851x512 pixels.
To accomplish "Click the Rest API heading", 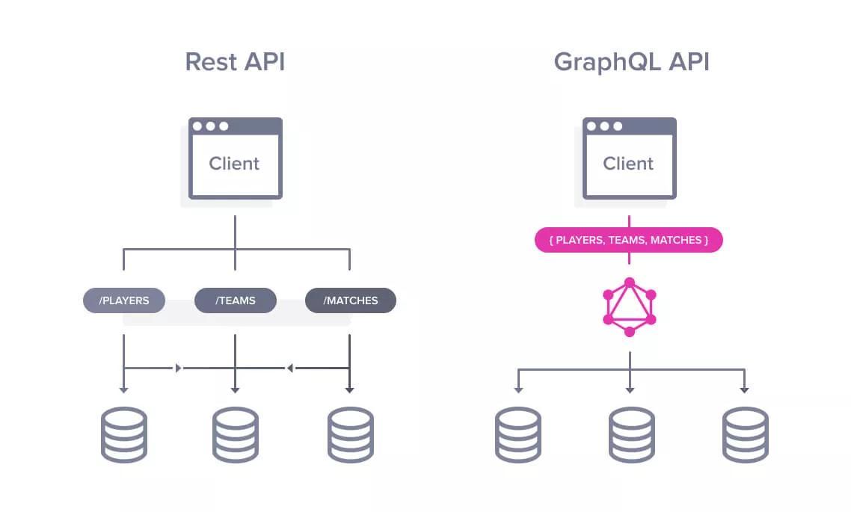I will tap(235, 61).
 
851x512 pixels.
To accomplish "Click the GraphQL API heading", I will tap(631, 61).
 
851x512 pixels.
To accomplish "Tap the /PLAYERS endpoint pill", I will tap(123, 300).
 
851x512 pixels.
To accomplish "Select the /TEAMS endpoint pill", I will tap(236, 300).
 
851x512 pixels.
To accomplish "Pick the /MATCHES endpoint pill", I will tap(350, 300).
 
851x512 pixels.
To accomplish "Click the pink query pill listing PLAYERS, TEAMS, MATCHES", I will tap(629, 240).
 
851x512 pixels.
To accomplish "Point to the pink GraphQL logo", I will tap(629, 307).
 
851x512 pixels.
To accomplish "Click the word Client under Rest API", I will tap(234, 164).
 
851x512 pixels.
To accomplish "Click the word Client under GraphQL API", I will tap(628, 164).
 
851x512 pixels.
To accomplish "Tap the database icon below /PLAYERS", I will tap(123, 434).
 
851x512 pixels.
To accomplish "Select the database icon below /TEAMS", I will tap(236, 434).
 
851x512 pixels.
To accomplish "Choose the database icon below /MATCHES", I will tap(350, 434).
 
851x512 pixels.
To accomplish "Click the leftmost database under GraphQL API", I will tap(517, 434).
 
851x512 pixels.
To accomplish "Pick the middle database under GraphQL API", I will tap(631, 434).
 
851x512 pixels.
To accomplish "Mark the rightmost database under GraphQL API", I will tap(745, 434).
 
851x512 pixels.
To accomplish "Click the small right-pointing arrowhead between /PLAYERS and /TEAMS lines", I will tap(178, 368).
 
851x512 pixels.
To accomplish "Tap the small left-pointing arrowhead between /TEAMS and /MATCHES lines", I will tap(290, 368).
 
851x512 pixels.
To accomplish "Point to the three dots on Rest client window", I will tap(210, 126).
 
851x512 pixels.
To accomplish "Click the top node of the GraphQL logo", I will tap(630, 283).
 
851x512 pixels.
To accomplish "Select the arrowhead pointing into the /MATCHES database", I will tap(349, 389).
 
